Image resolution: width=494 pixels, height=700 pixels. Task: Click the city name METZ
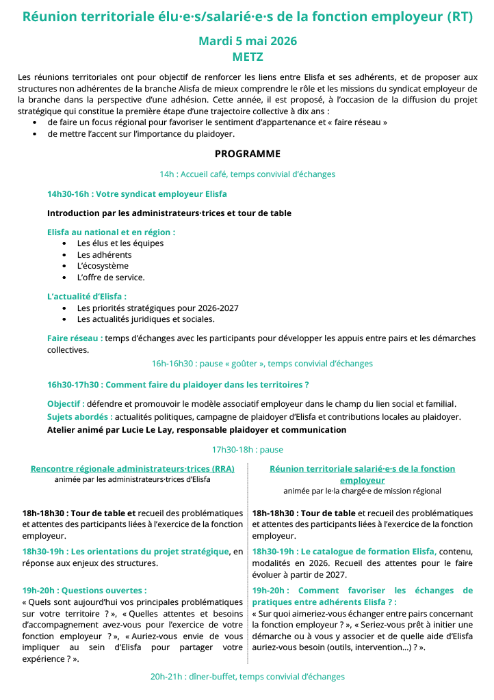pyautogui.click(x=247, y=57)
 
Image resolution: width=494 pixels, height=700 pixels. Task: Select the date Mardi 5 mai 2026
pyautogui.click(x=247, y=41)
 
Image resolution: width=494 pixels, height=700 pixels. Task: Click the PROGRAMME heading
pyautogui.click(x=247, y=154)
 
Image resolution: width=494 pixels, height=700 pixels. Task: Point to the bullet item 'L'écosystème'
pyautogui.click(x=103, y=266)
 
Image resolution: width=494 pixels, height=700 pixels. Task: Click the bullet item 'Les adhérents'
pyautogui.click(x=104, y=254)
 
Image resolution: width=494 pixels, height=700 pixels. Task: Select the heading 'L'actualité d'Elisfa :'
pyautogui.click(x=87, y=297)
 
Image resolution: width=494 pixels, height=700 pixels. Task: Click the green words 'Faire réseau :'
pyautogui.click(x=75, y=338)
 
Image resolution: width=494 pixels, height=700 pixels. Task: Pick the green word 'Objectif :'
pyautogui.click(x=66, y=403)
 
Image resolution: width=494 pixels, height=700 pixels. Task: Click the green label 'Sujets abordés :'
pyautogui.click(x=80, y=416)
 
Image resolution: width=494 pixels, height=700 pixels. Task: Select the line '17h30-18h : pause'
pyautogui.click(x=247, y=450)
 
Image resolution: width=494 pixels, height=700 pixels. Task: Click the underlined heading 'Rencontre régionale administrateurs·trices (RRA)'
pyautogui.click(x=133, y=468)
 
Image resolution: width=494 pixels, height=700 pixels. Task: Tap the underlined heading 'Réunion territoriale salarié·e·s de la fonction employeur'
pyautogui.click(x=362, y=474)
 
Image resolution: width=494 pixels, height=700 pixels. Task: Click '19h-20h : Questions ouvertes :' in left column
pyautogui.click(x=85, y=589)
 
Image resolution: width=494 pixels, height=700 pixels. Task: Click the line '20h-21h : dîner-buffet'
pyautogui.click(x=247, y=676)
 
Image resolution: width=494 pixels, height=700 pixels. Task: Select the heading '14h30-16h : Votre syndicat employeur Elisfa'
pyautogui.click(x=137, y=194)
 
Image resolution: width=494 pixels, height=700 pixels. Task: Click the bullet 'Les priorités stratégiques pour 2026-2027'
pyautogui.click(x=157, y=308)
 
